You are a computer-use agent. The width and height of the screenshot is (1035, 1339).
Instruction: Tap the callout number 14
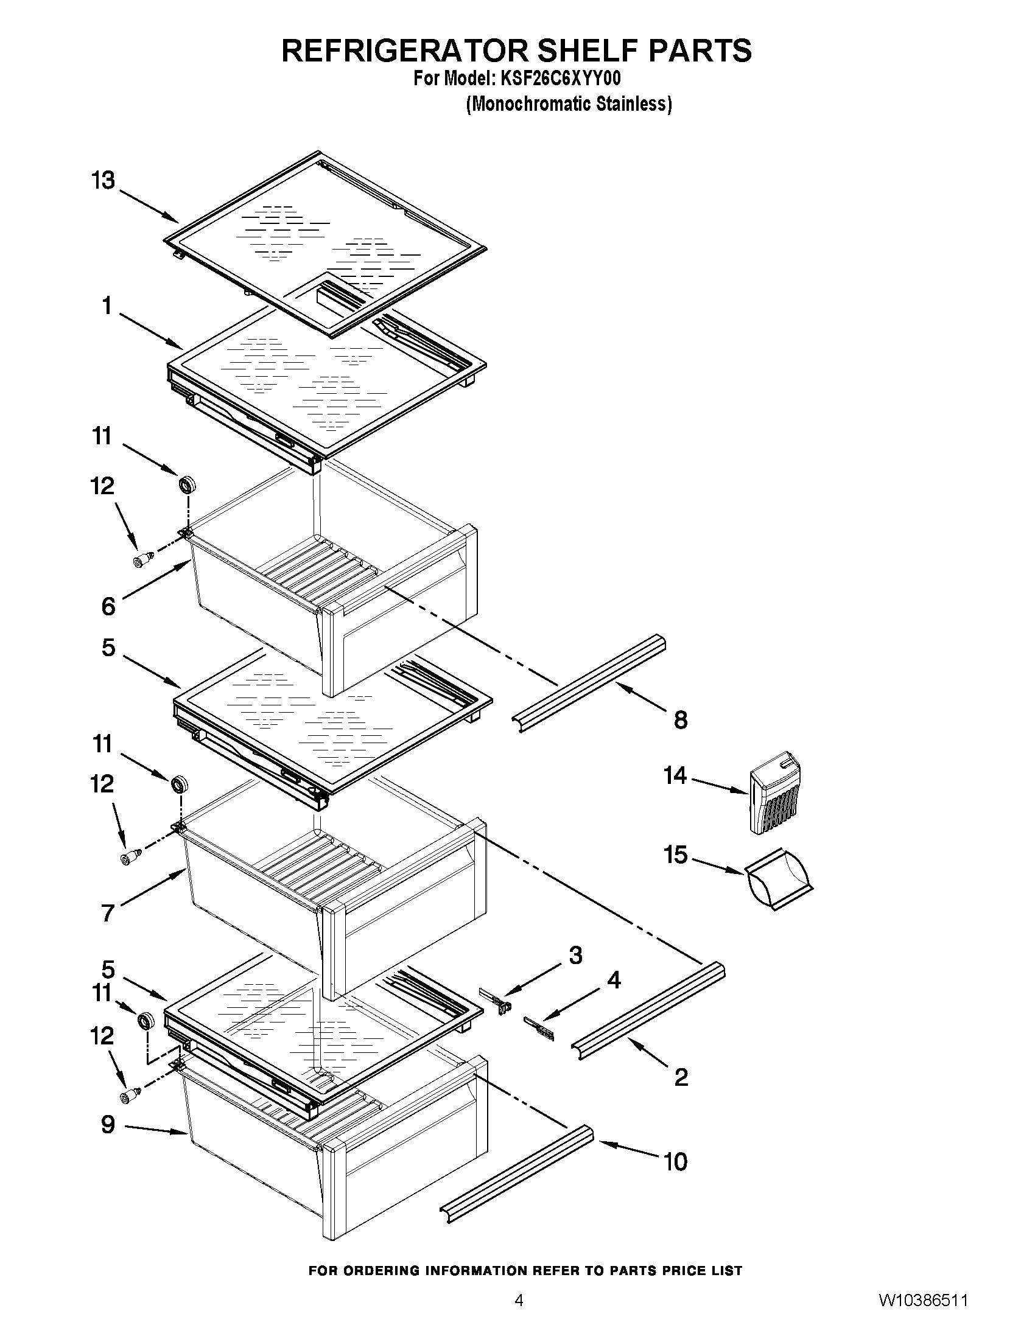pyautogui.click(x=675, y=775)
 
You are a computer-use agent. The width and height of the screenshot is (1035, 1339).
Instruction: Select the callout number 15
pyautogui.click(x=676, y=855)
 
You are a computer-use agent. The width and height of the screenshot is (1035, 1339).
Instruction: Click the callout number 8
pyautogui.click(x=681, y=720)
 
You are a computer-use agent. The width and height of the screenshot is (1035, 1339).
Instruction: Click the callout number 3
pyautogui.click(x=575, y=954)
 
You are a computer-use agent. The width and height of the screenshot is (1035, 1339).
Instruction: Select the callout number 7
pyautogui.click(x=108, y=913)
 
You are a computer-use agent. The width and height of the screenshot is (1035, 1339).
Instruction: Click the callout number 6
pyautogui.click(x=108, y=606)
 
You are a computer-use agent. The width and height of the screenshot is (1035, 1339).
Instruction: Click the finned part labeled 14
pyautogui.click(x=776, y=794)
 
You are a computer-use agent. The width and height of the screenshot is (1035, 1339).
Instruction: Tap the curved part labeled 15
pyautogui.click(x=777, y=878)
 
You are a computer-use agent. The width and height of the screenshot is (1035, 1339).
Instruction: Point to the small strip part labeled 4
pyautogui.click(x=539, y=1027)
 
